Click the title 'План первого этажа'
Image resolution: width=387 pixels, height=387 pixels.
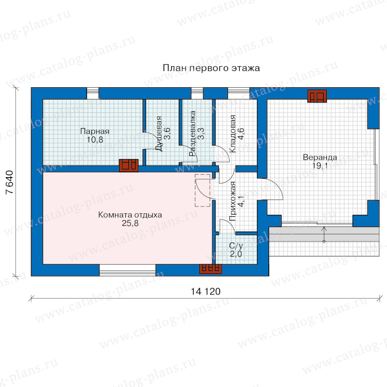[x=211, y=68]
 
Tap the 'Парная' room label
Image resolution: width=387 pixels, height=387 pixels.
[x=95, y=131]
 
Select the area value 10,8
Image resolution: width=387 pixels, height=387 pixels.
[x=95, y=140]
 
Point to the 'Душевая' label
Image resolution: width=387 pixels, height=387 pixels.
[x=159, y=134]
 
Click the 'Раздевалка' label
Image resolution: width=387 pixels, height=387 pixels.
[x=193, y=134]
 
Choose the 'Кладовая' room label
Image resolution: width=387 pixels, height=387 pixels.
[x=233, y=134]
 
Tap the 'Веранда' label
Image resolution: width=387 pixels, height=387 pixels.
[x=320, y=157]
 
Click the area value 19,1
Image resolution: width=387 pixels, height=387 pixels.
[x=320, y=166]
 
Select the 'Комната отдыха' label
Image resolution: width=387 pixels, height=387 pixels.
[x=130, y=215]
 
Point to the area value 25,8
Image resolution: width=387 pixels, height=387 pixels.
[x=130, y=223]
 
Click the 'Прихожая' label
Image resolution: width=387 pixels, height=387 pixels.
[x=233, y=201]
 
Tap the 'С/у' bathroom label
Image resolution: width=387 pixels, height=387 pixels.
[x=236, y=246]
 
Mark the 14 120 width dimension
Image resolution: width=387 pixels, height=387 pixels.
[x=206, y=292]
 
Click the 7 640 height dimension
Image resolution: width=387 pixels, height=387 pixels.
[x=9, y=182]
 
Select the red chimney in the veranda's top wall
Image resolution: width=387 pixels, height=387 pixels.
[x=317, y=96]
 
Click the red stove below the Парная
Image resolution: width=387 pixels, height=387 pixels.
[x=129, y=166]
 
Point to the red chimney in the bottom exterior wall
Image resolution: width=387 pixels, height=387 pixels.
[x=210, y=269]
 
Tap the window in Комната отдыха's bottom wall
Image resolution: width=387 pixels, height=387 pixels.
[x=127, y=270]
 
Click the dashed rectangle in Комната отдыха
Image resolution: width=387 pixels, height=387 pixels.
[x=203, y=190]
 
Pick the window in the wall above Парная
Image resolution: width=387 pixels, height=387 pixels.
[x=93, y=93]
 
